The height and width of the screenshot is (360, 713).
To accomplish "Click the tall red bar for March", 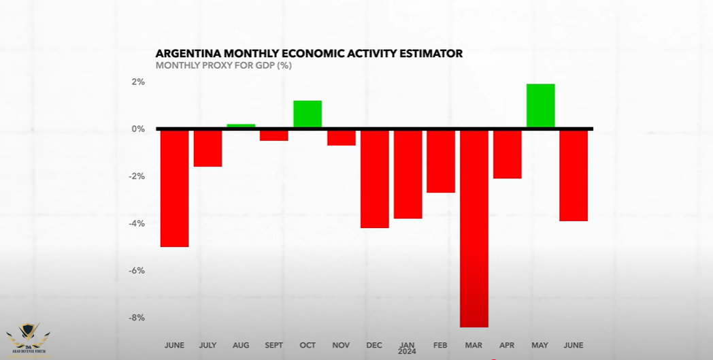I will (x=474, y=228).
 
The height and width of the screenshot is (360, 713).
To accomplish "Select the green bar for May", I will (x=540, y=105).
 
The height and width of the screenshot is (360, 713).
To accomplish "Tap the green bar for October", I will (x=308, y=114).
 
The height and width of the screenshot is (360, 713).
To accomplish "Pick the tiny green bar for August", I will (x=241, y=126).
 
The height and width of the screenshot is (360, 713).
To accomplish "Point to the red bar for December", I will (x=374, y=178).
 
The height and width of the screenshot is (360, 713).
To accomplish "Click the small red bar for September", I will (x=274, y=135).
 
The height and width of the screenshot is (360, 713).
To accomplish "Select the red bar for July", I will (x=208, y=148).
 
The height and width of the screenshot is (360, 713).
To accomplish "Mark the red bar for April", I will (x=507, y=154).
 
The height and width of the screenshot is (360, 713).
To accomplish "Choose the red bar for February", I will (x=441, y=161).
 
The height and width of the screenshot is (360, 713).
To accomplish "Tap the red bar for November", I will (x=341, y=137).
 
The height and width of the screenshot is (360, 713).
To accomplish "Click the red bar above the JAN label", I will (x=408, y=174).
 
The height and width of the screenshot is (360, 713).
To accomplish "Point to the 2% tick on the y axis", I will (x=138, y=82).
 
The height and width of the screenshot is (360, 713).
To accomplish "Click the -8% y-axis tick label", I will (x=136, y=318).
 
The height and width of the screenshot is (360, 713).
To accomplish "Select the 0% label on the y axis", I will (x=138, y=129).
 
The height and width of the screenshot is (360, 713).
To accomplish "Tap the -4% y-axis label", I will (x=136, y=223).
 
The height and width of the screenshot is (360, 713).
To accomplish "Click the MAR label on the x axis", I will (x=474, y=346).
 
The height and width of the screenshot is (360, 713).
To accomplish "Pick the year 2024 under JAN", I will (x=408, y=352).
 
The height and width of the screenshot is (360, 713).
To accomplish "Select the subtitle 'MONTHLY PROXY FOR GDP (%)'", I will (x=224, y=66).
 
